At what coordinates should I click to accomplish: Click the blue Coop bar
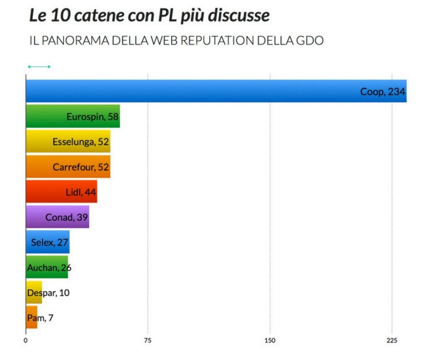pos(197,91)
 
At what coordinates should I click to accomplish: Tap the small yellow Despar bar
pos(33,292)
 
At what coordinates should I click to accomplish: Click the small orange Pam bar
pos(31,317)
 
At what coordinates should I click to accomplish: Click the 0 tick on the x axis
pos(26,340)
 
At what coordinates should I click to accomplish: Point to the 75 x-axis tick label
pos(148,340)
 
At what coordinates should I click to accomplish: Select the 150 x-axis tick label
pos(270,340)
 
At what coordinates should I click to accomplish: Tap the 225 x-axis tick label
pos(392,340)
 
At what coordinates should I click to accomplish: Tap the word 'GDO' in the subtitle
pos(311,41)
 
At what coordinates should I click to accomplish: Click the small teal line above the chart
pos(39,67)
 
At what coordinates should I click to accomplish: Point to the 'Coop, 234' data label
pos(383,92)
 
